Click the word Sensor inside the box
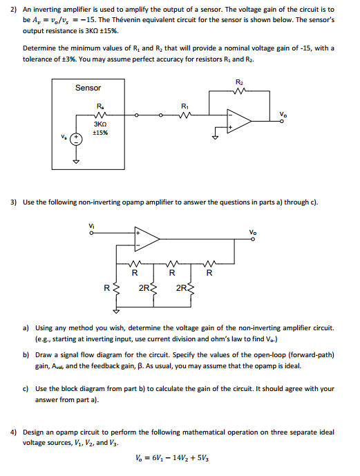(x=88, y=88)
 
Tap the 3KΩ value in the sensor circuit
(x=100, y=124)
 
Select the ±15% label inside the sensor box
(x=100, y=133)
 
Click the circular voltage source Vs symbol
(x=77, y=139)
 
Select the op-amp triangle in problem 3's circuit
(x=146, y=239)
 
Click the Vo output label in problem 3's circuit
(x=254, y=231)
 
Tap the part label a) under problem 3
(x=26, y=326)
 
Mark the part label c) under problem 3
(x=26, y=388)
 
